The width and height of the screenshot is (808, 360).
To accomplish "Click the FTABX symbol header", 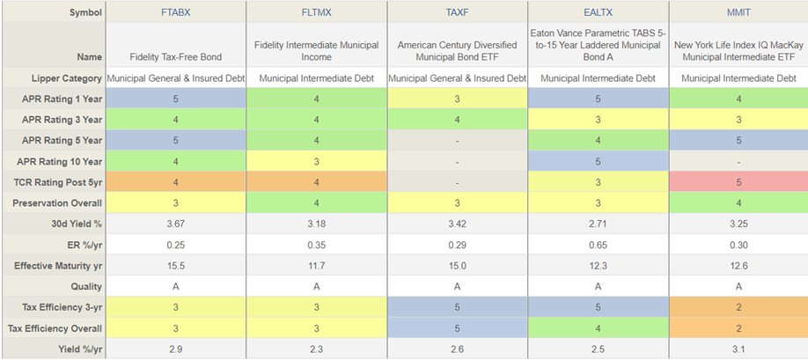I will click(x=175, y=12).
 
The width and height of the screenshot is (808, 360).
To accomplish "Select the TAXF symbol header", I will click(x=458, y=12).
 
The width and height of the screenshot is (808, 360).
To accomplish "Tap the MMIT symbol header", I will click(x=738, y=12).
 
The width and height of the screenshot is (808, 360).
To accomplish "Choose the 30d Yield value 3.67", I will click(x=175, y=224).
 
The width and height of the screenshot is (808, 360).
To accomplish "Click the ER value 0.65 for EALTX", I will click(x=598, y=245).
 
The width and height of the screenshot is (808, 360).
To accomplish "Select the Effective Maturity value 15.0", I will click(x=458, y=266).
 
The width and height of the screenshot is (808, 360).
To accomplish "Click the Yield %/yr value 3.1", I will click(x=738, y=349).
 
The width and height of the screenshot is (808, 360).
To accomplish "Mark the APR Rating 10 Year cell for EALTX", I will click(x=598, y=162).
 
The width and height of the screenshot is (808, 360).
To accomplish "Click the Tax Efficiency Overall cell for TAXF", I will click(x=458, y=328).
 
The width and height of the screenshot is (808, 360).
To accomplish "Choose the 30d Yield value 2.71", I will click(x=598, y=224).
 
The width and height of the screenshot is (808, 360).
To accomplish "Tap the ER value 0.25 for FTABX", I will click(x=175, y=245).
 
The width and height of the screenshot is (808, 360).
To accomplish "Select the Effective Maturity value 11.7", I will click(x=316, y=266).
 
